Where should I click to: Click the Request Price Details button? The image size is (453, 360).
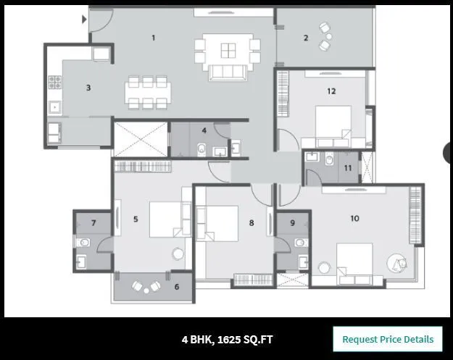387,339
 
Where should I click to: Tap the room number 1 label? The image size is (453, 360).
153,37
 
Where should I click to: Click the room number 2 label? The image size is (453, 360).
306,38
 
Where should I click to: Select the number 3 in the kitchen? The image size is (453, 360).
88,88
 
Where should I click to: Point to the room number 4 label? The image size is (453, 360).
204,130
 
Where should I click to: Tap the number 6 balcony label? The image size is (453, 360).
177,286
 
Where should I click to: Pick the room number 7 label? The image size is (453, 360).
93,222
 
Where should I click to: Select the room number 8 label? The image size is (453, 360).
252,223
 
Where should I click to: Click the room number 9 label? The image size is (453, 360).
292,223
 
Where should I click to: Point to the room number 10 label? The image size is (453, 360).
354,218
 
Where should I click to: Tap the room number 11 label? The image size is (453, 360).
348,168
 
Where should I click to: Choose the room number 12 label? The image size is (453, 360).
331,91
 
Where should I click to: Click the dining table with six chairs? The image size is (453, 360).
147,92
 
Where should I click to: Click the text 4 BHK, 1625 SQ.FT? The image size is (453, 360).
228,339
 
